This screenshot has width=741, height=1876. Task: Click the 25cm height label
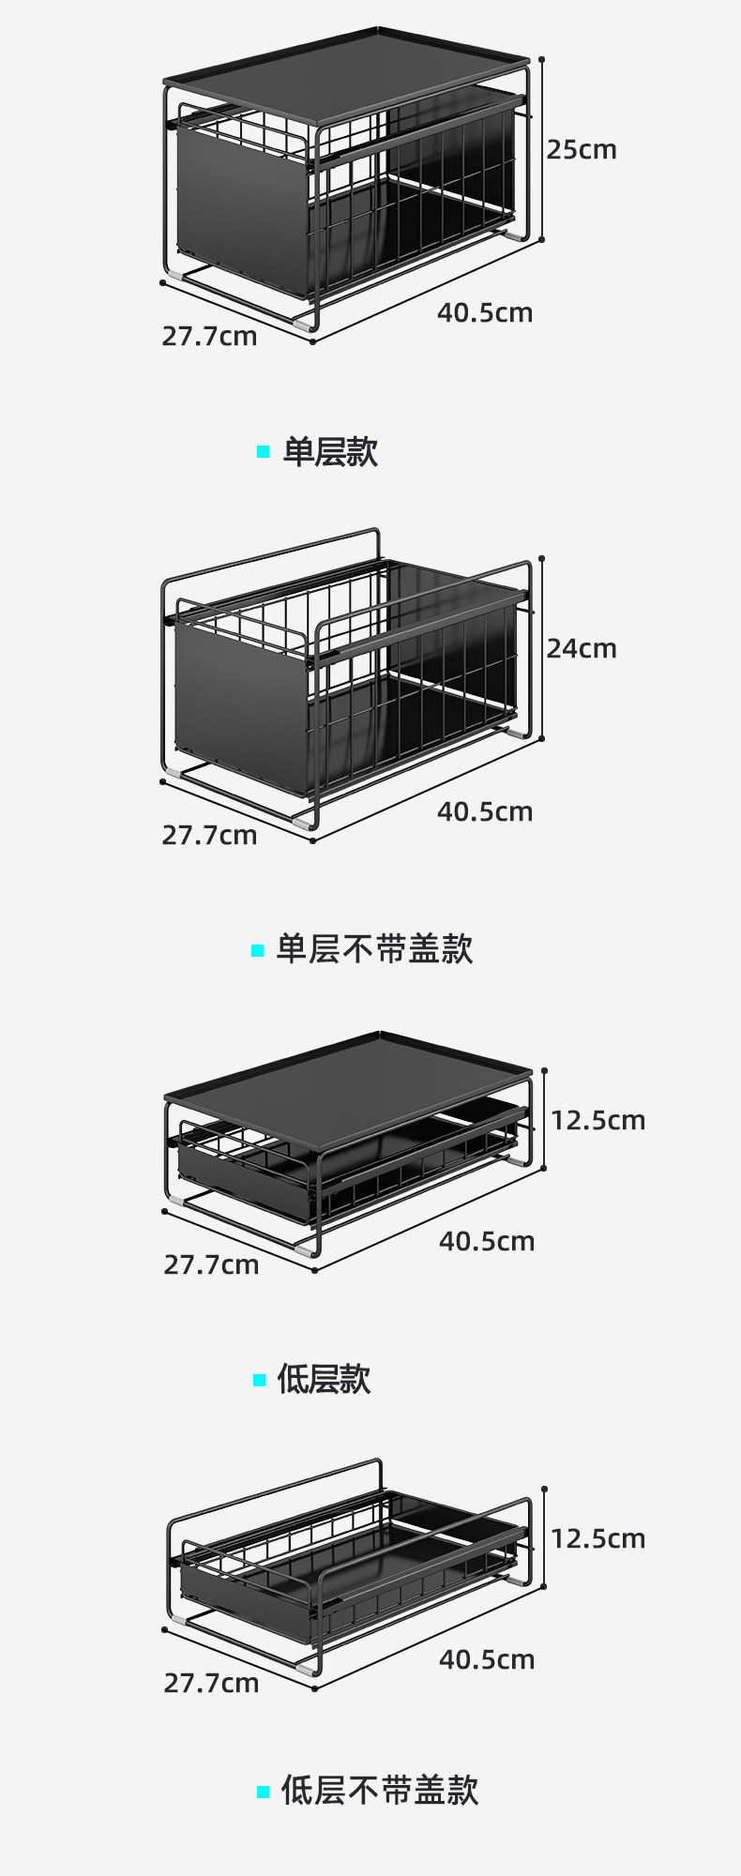click(582, 150)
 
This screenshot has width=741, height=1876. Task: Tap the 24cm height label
click(582, 649)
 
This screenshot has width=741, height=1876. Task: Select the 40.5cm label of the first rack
click(485, 313)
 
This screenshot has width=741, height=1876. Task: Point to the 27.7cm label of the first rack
click(209, 337)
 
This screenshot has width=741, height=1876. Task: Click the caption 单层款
click(330, 452)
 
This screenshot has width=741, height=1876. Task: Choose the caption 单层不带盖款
click(374, 949)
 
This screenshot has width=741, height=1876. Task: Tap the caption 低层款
click(324, 1380)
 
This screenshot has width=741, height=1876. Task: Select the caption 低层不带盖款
click(380, 1791)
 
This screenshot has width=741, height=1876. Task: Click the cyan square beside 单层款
click(264, 452)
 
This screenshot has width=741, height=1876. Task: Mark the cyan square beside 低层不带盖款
click(264, 1792)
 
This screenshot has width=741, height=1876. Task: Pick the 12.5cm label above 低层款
click(597, 1121)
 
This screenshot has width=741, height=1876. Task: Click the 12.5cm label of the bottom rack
click(597, 1539)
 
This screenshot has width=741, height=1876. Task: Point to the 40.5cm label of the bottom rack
click(487, 1660)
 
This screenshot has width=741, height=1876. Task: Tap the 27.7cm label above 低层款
click(211, 1265)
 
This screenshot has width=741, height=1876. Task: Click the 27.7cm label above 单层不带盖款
click(209, 836)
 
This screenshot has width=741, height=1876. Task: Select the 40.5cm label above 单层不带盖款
click(485, 812)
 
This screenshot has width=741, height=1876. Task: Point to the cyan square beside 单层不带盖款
click(258, 950)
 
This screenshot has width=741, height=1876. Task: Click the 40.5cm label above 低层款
click(487, 1242)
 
